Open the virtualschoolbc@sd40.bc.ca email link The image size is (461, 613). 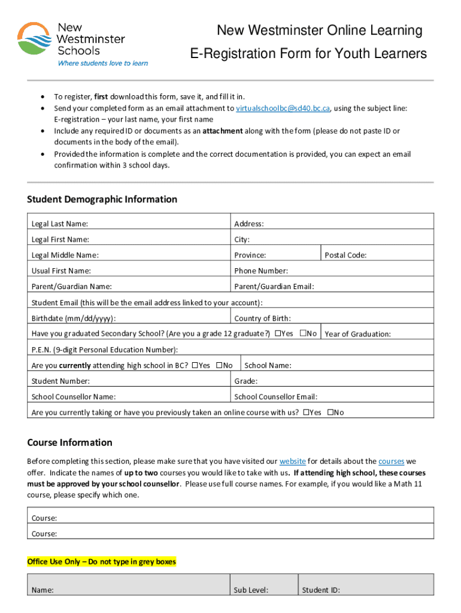[x=283, y=108]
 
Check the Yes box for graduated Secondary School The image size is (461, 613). [x=278, y=333]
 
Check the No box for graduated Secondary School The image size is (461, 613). [x=303, y=333]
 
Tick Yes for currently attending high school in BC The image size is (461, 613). [x=195, y=365]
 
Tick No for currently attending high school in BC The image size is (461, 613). [x=219, y=365]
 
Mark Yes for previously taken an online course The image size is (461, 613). [x=307, y=412]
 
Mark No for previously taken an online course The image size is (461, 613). [x=330, y=412]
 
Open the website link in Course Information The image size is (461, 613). [x=293, y=462]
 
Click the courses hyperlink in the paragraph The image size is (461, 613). [x=391, y=462]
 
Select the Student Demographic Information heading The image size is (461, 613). [x=102, y=199]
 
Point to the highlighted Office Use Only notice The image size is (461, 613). [x=102, y=562]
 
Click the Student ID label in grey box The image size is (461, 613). [x=321, y=590]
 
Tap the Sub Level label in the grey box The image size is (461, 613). [x=251, y=590]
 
